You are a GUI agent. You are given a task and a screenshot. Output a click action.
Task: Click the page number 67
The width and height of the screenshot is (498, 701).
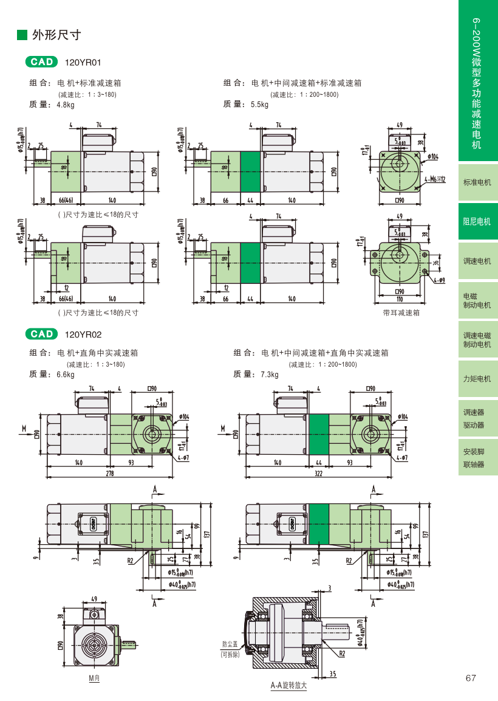coord(471,678)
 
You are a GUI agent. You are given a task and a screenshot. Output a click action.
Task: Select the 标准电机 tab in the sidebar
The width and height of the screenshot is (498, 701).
coord(477,182)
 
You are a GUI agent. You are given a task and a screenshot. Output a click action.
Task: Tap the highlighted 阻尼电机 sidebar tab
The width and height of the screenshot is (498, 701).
coord(477,221)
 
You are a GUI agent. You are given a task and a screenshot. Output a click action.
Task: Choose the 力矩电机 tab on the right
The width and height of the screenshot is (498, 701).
coord(477,379)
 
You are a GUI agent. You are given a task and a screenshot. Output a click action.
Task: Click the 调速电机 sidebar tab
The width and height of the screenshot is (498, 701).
coord(477,261)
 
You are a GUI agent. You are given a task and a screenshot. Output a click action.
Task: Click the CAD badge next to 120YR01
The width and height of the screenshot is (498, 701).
coord(42,62)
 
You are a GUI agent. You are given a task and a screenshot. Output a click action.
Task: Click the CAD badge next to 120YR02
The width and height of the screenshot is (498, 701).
coord(42,334)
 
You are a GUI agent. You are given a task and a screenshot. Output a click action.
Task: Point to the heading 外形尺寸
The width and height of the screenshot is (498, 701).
coord(56,35)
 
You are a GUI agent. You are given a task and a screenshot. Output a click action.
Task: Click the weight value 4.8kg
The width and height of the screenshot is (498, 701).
coord(65,105)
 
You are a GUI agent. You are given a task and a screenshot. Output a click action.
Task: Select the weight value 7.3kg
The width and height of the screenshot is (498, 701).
coord(270,375)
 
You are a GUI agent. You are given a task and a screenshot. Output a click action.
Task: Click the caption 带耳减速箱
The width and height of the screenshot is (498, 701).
coord(401,313)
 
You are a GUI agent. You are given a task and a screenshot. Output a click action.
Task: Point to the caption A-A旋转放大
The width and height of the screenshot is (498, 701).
coord(288,686)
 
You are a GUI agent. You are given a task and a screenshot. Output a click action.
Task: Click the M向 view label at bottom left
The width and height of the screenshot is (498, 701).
coord(94,678)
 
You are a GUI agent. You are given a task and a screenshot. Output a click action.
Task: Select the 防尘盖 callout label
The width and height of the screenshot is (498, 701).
coord(230,644)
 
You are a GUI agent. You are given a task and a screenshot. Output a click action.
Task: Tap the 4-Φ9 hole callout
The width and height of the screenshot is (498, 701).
coord(439,280)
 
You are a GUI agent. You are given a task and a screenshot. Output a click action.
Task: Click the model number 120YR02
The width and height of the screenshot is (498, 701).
coord(83,334)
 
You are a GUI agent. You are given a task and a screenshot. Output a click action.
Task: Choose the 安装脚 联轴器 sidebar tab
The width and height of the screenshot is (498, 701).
coord(477,458)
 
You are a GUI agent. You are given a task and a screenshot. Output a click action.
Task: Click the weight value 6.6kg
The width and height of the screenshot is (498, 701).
coord(65,375)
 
